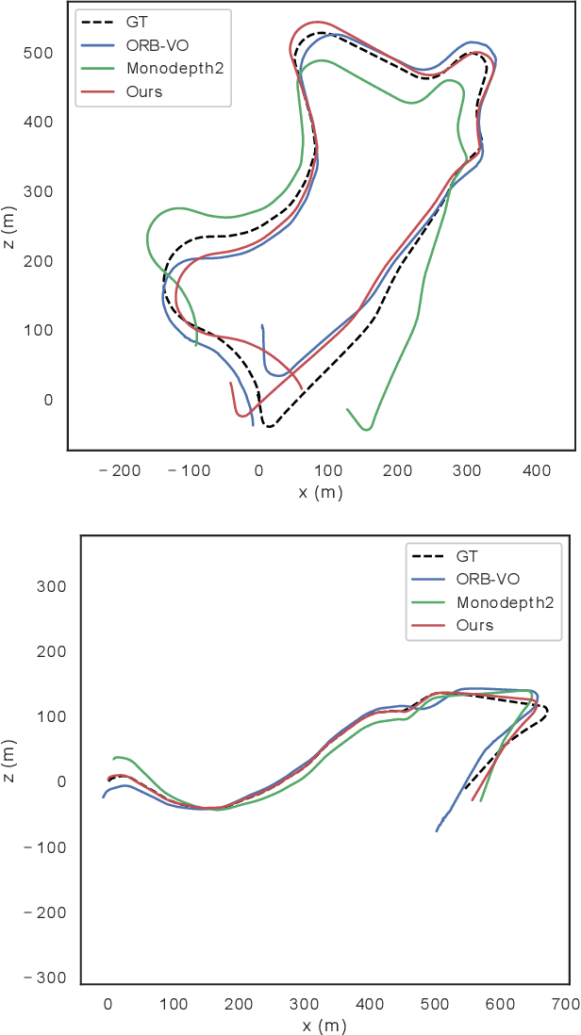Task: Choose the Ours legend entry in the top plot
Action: tap(143, 91)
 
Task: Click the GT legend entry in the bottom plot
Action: tap(467, 557)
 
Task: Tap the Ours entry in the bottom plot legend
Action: tap(474, 625)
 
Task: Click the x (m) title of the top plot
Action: tap(320, 493)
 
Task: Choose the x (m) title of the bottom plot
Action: tap(320, 1025)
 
